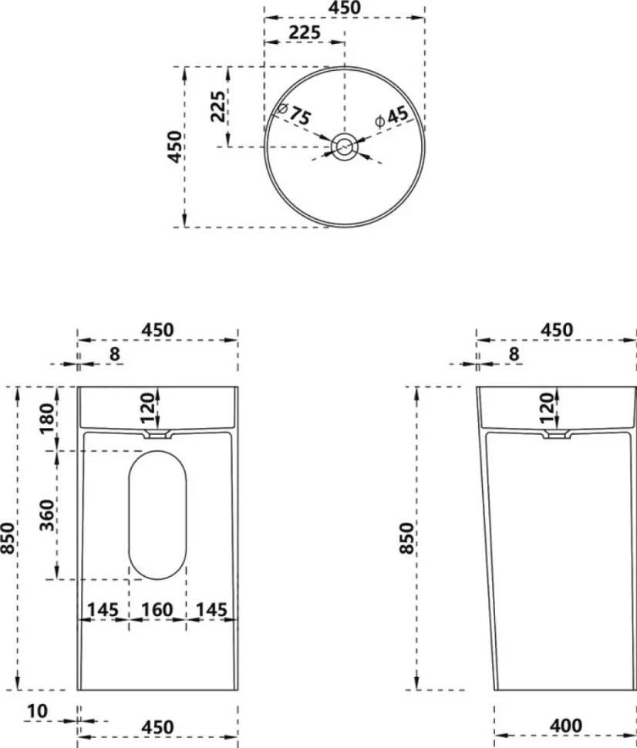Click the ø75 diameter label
click(295, 113)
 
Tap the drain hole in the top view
click(344, 147)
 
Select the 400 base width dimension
click(566, 726)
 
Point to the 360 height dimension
click(48, 515)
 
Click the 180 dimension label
click(48, 419)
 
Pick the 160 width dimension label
click(157, 610)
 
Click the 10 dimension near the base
click(37, 711)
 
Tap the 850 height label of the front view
click(8, 538)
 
